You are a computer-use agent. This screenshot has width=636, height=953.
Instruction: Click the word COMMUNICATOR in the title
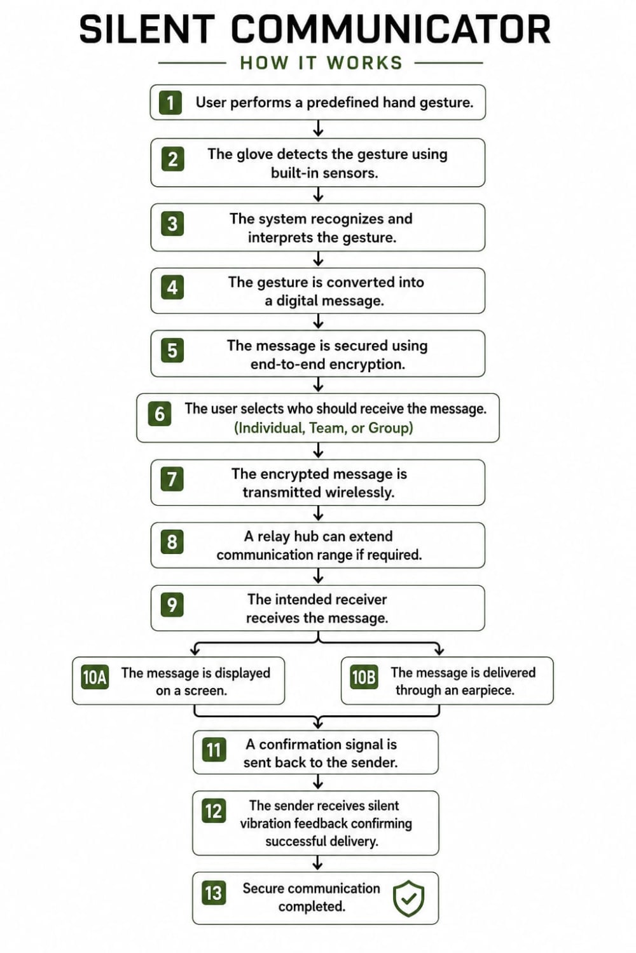[391, 29]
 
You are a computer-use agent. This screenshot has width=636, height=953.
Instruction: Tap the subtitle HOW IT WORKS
[321, 63]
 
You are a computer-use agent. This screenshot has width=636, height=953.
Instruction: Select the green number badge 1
[170, 102]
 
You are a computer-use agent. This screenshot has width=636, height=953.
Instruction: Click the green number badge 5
[172, 351]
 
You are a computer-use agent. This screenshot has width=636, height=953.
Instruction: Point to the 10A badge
[95, 677]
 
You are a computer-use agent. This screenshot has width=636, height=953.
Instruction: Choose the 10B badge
[364, 677]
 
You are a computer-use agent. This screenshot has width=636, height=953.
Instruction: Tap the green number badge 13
[214, 893]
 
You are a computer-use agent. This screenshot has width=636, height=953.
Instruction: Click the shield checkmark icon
[408, 898]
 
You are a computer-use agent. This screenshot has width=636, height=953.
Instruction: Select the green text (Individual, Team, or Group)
[323, 428]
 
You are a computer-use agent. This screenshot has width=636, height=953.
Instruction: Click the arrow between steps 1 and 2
[318, 128]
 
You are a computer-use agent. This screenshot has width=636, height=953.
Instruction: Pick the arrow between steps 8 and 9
[318, 576]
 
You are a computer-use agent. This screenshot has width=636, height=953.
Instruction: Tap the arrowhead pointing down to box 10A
[195, 651]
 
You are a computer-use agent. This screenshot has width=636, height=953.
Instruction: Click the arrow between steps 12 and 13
[317, 863]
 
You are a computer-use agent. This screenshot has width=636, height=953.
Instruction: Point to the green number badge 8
[172, 542]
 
